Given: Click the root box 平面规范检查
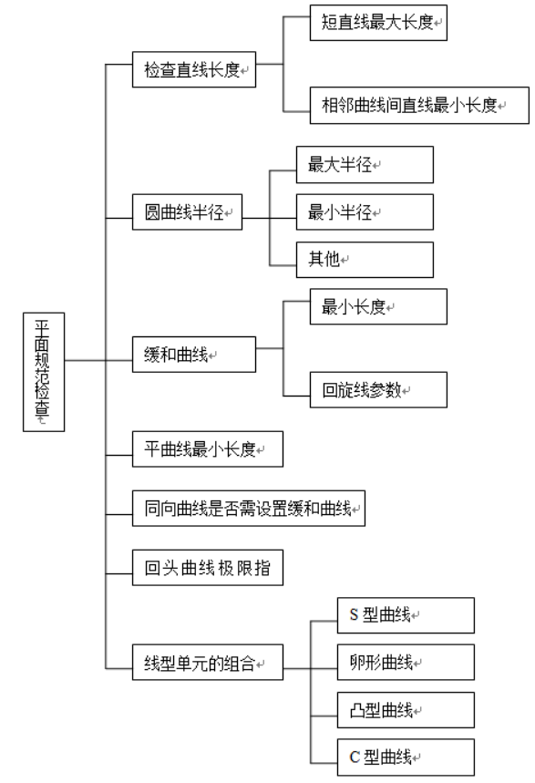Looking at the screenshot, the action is [44, 372].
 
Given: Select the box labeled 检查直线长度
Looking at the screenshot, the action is [194, 69].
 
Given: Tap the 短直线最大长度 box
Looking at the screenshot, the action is [378, 23].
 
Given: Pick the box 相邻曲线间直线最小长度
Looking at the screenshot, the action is [419, 106].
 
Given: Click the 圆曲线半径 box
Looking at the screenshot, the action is [187, 212].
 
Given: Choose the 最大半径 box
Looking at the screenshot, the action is [365, 164].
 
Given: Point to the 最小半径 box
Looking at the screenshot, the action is [365, 212].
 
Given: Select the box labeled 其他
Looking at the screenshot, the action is [365, 260].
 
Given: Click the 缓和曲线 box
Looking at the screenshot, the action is [194, 355].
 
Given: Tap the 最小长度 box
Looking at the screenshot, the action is [378, 306].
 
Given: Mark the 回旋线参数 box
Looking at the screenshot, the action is [378, 389].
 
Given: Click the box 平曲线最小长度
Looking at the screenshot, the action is [207, 449].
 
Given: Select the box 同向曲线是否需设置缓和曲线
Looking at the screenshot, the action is [248, 509].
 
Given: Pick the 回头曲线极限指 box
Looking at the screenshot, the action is [207, 568].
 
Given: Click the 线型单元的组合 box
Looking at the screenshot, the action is [207, 662].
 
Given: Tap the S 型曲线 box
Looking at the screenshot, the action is [406, 615].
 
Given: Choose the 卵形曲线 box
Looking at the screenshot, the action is [406, 662].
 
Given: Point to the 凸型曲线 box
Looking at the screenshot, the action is [406, 709].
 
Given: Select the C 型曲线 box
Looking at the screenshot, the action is [406, 757].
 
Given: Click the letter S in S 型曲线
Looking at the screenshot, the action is [355, 614].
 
